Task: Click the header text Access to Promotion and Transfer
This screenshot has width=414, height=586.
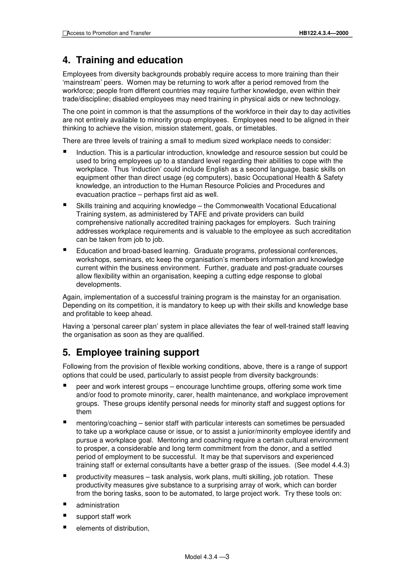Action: click(109, 33)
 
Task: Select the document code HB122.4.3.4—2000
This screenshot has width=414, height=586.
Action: click(323, 33)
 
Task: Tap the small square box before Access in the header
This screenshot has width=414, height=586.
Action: click(64, 33)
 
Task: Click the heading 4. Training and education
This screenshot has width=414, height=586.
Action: click(122, 60)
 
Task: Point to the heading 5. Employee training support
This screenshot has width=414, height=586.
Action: click(131, 353)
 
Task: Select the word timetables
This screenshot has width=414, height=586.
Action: click(260, 128)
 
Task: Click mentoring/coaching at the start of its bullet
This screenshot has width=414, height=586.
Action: click(106, 423)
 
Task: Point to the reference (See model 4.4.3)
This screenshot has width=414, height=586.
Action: click(322, 465)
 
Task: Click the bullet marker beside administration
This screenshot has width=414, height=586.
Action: click(65, 504)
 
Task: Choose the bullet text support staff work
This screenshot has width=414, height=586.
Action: click(103, 517)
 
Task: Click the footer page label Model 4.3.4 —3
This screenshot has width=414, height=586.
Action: click(207, 557)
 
